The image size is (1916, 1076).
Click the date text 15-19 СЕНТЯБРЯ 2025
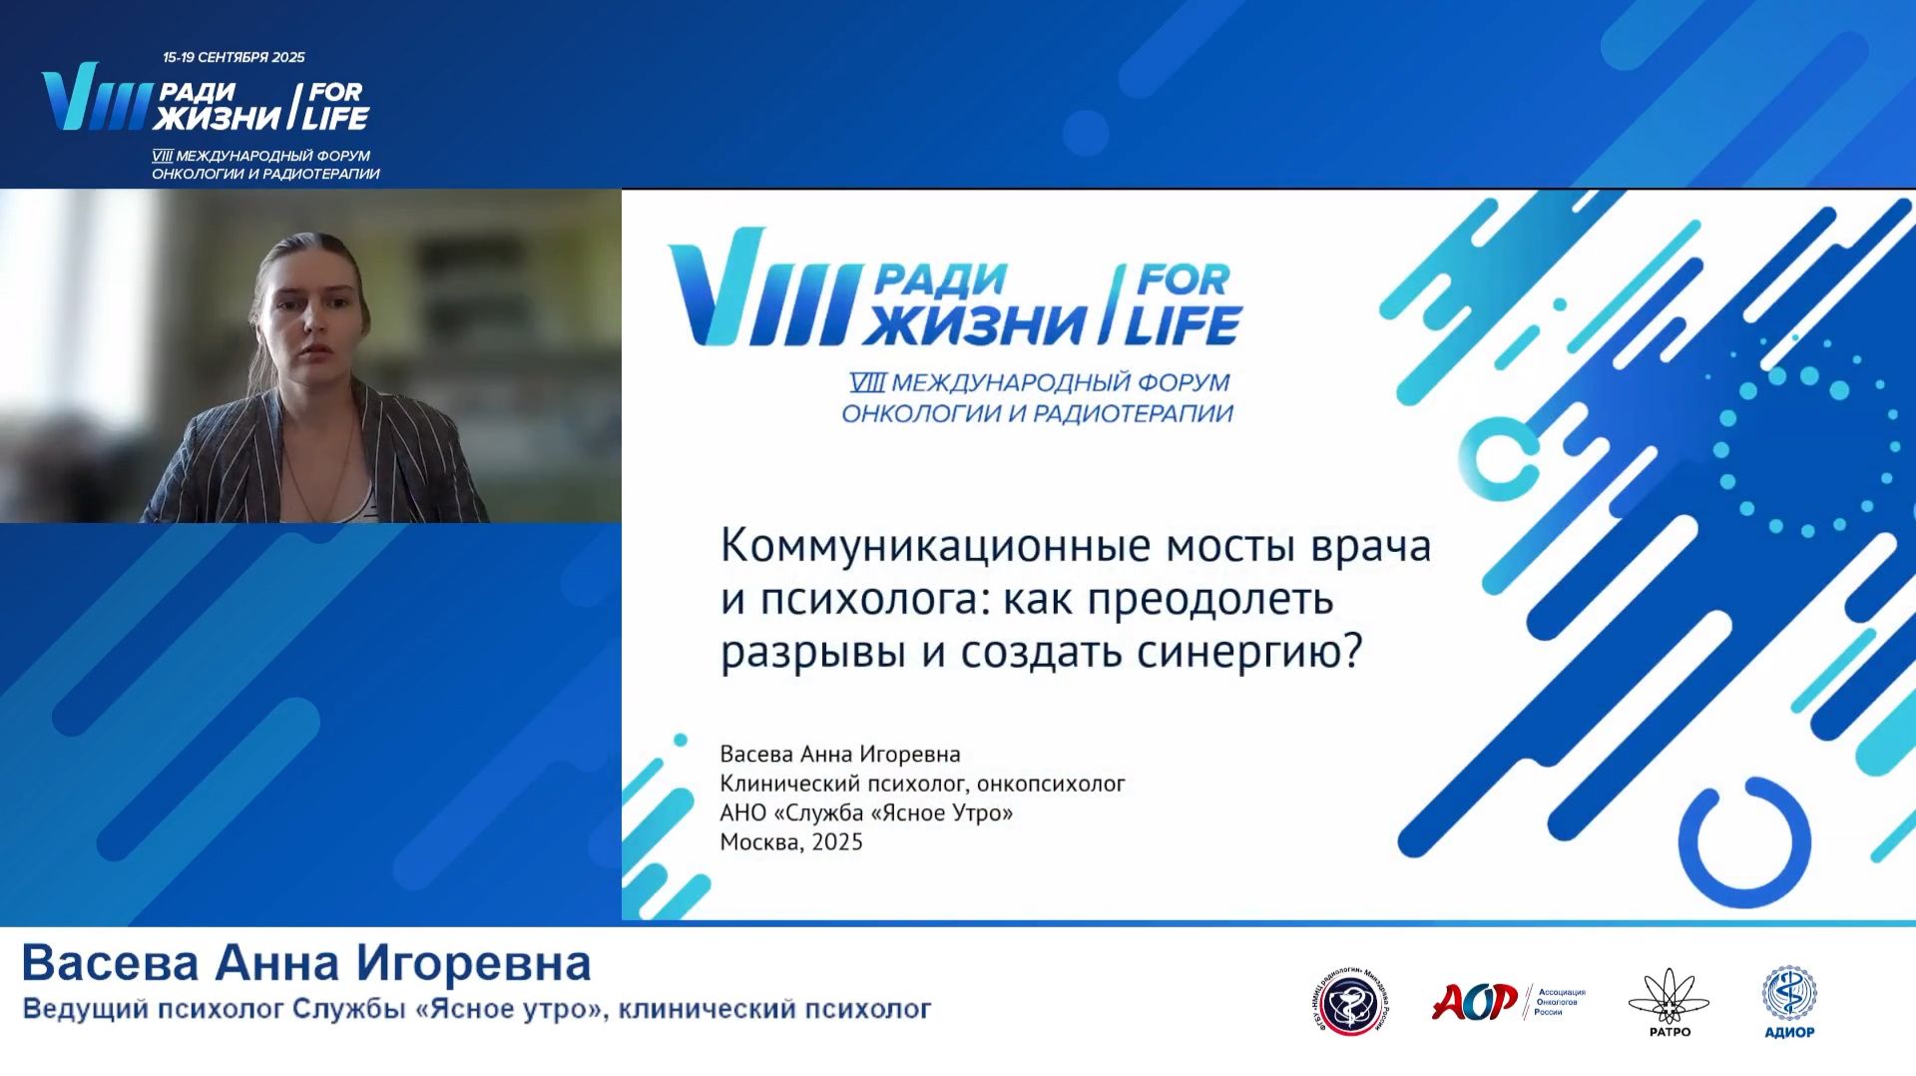pos(234,58)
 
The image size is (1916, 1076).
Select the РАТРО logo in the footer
pos(1669,1002)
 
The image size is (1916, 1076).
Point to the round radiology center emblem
pos(1350,1004)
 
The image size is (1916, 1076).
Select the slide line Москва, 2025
pos(791,841)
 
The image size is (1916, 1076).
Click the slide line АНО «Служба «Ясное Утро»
pos(866,812)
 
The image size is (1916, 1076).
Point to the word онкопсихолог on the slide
pos(1051,784)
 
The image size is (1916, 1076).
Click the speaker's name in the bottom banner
pos(306,963)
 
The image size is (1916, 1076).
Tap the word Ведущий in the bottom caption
pos(84,1009)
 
